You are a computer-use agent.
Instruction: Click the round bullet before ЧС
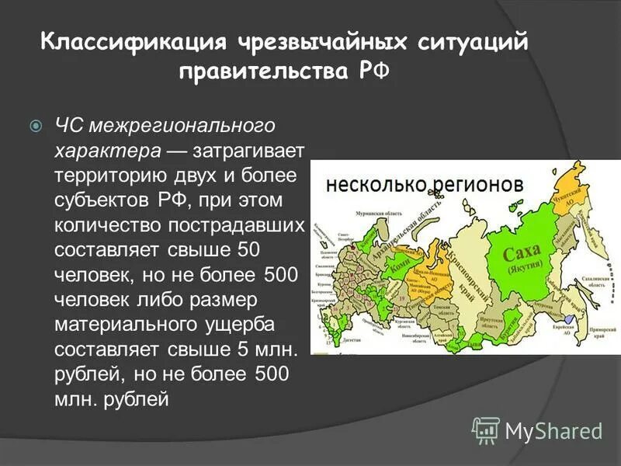click(x=35, y=125)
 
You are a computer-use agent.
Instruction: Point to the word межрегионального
click(x=182, y=125)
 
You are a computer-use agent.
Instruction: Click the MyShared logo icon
click(x=486, y=429)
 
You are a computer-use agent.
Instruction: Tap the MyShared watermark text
click(x=553, y=430)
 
